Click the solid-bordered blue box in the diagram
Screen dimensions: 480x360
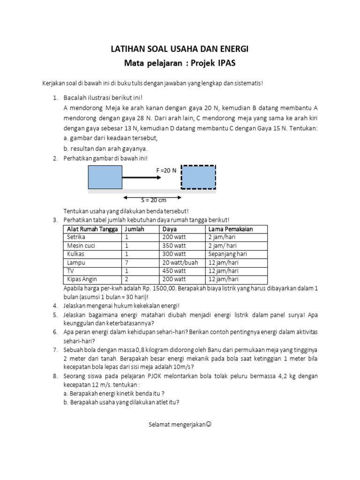(x=105, y=177)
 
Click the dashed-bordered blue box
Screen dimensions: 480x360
(x=198, y=177)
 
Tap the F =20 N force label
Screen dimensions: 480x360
(x=166, y=170)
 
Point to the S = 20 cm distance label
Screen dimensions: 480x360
(x=154, y=200)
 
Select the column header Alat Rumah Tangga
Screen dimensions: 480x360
(x=91, y=229)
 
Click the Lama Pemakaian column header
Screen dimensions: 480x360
(x=231, y=229)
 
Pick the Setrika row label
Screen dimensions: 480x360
(x=76, y=237)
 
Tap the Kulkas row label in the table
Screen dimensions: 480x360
(x=75, y=254)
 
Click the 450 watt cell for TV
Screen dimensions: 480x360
(x=174, y=271)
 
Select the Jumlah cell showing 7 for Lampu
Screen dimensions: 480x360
(x=127, y=262)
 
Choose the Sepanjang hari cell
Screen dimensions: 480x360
(x=227, y=254)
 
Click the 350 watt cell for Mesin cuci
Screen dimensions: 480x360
(x=174, y=246)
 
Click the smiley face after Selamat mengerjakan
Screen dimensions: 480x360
(x=209, y=425)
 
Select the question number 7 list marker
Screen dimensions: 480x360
(x=55, y=350)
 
